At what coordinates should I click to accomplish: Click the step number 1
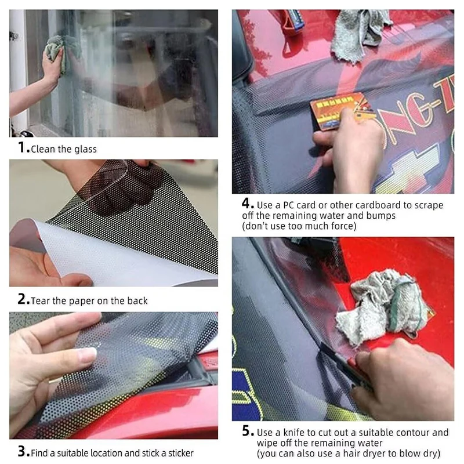pyautogui.click(x=21, y=147)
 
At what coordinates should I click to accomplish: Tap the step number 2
pyautogui.click(x=23, y=299)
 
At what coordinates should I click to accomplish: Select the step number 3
pyautogui.click(x=23, y=451)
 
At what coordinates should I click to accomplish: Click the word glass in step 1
pyautogui.click(x=85, y=149)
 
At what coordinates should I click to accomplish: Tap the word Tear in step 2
pyautogui.click(x=40, y=300)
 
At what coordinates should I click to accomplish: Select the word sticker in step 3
pyautogui.click(x=180, y=453)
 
